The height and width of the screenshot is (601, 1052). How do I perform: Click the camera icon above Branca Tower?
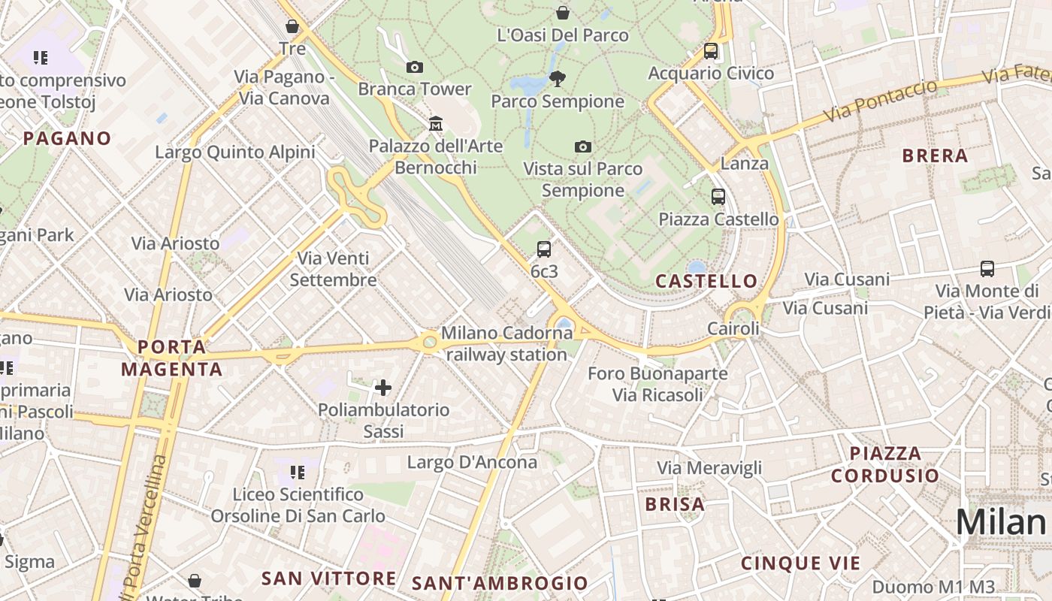click(414, 68)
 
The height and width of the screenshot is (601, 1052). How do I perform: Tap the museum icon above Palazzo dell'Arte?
click(436, 123)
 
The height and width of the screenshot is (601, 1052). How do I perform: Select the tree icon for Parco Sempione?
click(558, 79)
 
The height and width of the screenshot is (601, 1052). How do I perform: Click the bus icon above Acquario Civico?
click(711, 51)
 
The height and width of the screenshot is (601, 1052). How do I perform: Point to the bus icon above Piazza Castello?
click(718, 197)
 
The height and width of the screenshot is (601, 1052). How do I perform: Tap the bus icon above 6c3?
click(544, 249)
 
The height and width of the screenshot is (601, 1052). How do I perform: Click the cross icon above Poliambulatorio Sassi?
click(383, 388)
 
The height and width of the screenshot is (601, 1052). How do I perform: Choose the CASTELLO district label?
click(706, 281)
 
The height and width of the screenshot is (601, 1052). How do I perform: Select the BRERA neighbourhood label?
click(935, 156)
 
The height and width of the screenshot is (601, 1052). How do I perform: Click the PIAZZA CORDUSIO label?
click(885, 464)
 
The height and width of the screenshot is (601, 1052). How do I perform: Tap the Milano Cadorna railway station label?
click(507, 343)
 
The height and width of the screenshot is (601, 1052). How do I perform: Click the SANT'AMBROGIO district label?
click(500, 583)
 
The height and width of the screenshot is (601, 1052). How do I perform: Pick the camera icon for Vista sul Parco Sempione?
click(582, 147)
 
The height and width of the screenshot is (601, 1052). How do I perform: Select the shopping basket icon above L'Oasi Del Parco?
click(562, 13)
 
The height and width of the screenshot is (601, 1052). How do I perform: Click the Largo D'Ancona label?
click(472, 462)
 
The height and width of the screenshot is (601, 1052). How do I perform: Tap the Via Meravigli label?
click(709, 468)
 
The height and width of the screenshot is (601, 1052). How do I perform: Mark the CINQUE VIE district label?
click(800, 563)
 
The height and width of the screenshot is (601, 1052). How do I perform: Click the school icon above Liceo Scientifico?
click(298, 473)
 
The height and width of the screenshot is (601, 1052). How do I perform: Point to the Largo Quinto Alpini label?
click(234, 153)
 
